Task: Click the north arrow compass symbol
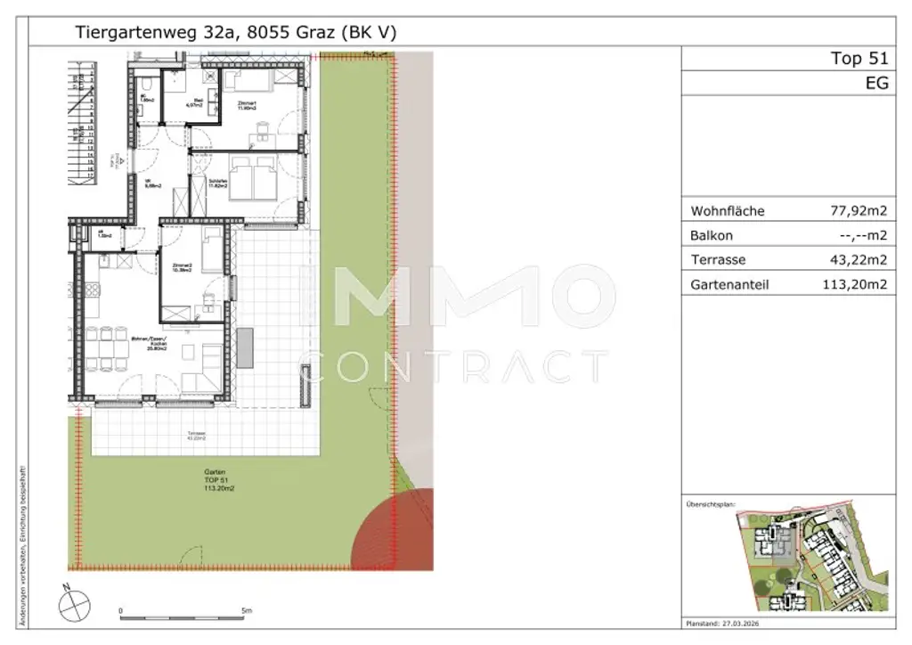click(75, 606)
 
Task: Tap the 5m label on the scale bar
click(246, 610)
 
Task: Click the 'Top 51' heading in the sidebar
click(859, 59)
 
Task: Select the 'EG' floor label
click(876, 84)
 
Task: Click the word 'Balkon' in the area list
click(712, 236)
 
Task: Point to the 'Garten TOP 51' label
click(214, 480)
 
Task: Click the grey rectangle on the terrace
click(245, 347)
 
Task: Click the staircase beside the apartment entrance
click(87, 116)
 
